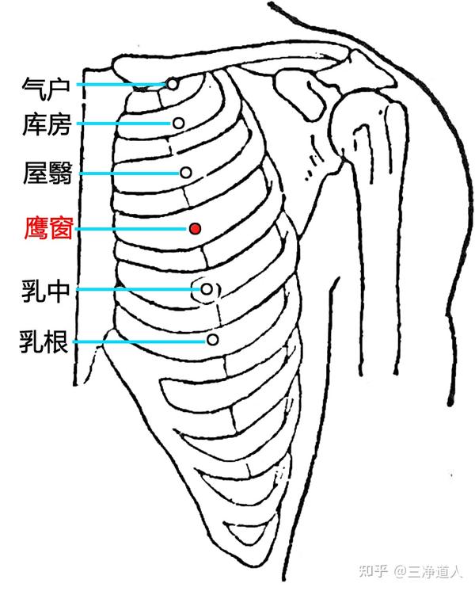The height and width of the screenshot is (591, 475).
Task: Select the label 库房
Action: click(x=48, y=124)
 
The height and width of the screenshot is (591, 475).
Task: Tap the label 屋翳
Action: click(x=48, y=173)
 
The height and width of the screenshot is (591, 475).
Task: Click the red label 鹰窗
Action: click(x=48, y=230)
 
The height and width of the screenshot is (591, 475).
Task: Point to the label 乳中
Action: click(x=48, y=291)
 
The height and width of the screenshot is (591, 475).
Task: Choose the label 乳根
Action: click(x=48, y=342)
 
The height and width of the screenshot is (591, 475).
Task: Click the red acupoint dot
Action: click(x=195, y=228)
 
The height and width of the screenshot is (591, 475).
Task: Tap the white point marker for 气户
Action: click(x=172, y=83)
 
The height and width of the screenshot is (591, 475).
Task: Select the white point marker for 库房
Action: click(x=179, y=123)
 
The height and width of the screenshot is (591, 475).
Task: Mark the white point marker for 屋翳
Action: click(x=186, y=172)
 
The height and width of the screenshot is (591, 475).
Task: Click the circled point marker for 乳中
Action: click(x=206, y=289)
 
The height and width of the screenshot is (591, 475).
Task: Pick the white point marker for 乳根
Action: click(x=212, y=339)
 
